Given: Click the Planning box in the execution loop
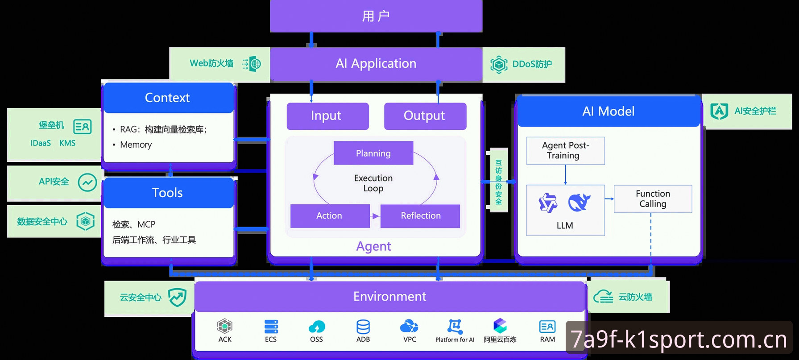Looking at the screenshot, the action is tap(373, 153).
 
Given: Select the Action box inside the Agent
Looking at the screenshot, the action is tap(330, 216).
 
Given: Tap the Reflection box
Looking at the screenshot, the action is tap(420, 216).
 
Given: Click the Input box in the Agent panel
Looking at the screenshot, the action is tap(327, 116).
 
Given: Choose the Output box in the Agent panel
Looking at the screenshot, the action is tap(425, 116).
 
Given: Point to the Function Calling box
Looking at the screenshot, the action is tap(653, 199).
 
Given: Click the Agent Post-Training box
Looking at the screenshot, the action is tap(565, 151).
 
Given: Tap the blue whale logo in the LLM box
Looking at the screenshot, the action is tap(579, 202).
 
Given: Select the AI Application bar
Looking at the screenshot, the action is tap(376, 64).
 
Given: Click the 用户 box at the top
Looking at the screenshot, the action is tap(376, 16).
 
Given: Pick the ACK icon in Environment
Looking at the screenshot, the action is tap(225, 326).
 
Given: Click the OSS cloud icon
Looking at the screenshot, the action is tap(317, 327).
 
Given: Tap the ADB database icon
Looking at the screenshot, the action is tap(363, 327).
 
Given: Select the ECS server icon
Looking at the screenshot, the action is tap(271, 327).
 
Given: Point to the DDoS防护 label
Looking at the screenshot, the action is tap(532, 64).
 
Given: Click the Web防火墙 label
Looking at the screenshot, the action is tap(211, 63).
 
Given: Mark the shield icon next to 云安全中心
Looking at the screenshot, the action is tap(177, 297).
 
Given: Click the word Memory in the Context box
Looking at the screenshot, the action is tap(136, 145).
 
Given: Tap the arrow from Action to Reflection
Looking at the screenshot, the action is tap(375, 216).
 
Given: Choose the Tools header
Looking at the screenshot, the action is tap(168, 193).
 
